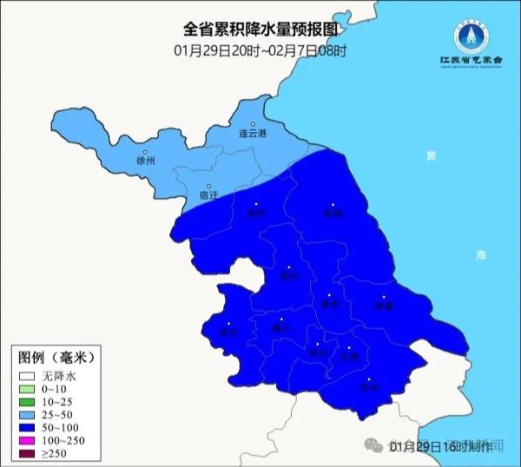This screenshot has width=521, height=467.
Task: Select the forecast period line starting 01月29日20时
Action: [x=260, y=49]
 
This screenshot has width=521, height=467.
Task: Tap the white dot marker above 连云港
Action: [x=254, y=124]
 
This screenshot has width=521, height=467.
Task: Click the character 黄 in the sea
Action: [x=431, y=156]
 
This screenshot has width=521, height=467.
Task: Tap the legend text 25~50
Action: [x=58, y=417]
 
